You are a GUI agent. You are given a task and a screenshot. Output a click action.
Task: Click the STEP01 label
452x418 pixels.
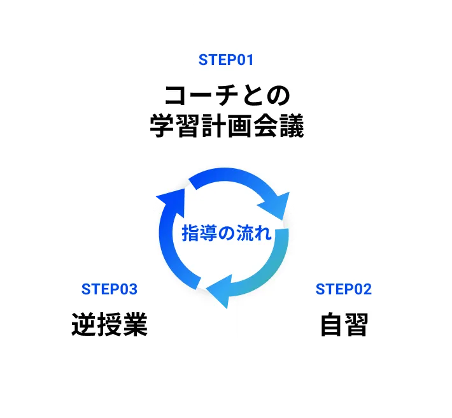(x=226, y=61)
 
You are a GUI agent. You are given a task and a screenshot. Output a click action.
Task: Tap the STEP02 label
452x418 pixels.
(x=343, y=289)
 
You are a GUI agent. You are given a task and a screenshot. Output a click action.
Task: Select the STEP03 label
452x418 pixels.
(x=109, y=289)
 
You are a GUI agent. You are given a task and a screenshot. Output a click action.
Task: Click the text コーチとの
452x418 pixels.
(x=227, y=96)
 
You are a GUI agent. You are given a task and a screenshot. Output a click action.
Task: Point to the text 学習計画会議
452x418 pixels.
(x=227, y=126)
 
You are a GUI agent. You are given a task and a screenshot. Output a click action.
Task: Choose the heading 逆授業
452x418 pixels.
(x=109, y=325)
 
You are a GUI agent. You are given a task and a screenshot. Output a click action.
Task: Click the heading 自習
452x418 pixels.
(x=344, y=325)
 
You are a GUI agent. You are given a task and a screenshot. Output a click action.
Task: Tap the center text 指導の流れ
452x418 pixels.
(x=227, y=233)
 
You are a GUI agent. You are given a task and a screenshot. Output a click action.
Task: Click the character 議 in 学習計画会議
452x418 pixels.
(x=292, y=126)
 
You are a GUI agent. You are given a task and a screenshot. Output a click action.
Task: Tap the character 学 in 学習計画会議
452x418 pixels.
(x=162, y=126)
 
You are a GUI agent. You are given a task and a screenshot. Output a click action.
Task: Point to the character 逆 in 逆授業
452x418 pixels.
(x=83, y=325)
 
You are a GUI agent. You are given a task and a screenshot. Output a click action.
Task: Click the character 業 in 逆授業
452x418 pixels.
(x=136, y=325)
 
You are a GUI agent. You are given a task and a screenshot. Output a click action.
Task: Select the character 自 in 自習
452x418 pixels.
(x=331, y=325)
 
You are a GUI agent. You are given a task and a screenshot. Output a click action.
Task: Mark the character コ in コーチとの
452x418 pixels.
(x=175, y=96)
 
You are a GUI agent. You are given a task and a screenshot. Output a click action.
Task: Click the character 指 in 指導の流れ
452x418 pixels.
(x=190, y=233)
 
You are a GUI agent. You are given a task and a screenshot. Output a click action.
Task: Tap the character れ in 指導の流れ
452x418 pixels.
(x=263, y=233)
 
